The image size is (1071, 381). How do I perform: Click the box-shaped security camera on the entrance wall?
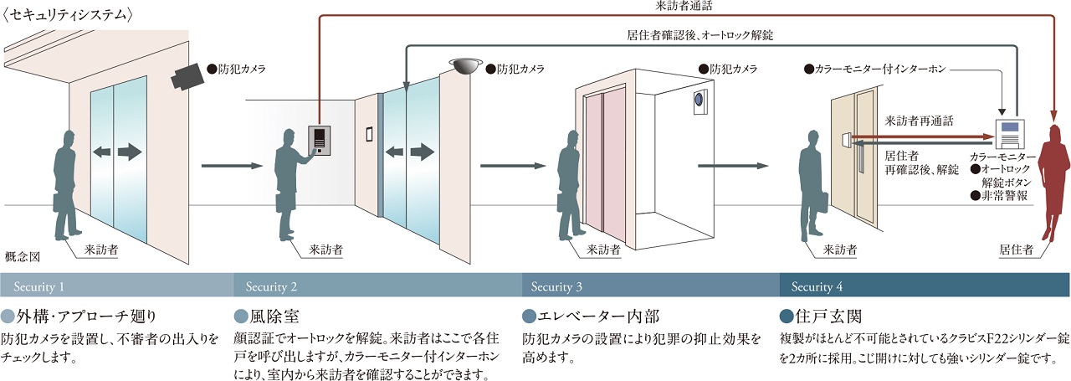tap(188, 76)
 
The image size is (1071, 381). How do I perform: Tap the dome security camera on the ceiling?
tap(465, 65)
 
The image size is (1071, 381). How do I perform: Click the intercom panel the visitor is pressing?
tap(319, 140)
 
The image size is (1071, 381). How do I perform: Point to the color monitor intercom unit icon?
tap(1010, 134)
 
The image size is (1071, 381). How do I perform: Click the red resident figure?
tap(1054, 183)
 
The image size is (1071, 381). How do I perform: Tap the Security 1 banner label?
tap(38, 286)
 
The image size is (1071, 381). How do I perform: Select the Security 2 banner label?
tap(271, 286)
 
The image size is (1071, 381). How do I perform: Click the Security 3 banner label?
tap(556, 286)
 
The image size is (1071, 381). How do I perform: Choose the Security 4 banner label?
tap(817, 286)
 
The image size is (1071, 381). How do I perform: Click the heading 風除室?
tap(274, 317)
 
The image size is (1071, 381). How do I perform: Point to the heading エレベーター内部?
tap(598, 317)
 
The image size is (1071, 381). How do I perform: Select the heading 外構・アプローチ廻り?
tap(86, 317)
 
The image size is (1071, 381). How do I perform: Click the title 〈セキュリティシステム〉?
tap(68, 14)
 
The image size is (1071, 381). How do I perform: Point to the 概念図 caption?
tap(23, 257)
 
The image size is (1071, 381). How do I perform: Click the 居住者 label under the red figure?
tap(1017, 250)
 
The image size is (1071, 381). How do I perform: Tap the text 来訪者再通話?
tap(919, 121)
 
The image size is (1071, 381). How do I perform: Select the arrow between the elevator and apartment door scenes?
tap(733, 166)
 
